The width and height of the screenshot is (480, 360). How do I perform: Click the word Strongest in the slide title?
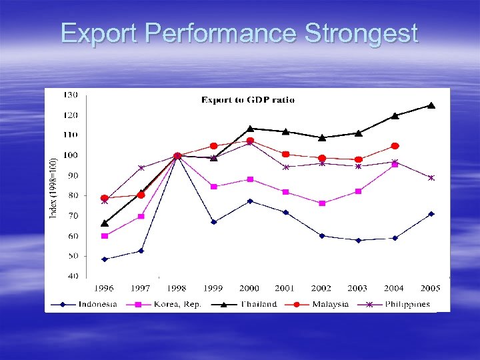(361, 34)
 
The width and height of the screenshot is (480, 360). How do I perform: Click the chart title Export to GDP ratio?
(248, 100)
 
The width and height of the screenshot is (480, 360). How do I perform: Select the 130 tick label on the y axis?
(70, 95)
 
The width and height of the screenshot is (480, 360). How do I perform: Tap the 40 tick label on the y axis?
(71, 276)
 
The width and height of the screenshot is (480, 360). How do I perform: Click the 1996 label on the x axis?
(103, 288)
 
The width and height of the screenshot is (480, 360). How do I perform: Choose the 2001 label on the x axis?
(285, 288)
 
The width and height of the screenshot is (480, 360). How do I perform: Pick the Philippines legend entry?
(406, 304)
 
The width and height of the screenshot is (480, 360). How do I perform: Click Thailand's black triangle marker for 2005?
(431, 105)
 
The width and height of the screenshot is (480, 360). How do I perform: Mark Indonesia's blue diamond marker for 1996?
(104, 259)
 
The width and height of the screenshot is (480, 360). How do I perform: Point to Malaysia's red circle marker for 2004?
(395, 146)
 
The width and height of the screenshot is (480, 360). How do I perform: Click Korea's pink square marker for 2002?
(322, 203)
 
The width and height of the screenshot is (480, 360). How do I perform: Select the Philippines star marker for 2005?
(431, 178)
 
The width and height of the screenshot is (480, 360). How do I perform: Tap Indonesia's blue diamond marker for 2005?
(431, 214)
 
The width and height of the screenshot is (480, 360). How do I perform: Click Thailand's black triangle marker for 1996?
(104, 223)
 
